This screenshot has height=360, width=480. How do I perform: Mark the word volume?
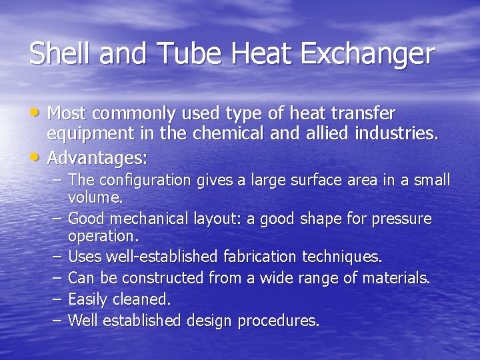click(x=95, y=197)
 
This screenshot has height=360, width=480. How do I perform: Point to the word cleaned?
click(x=144, y=299)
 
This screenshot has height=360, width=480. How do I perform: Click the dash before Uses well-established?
click(x=55, y=257)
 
